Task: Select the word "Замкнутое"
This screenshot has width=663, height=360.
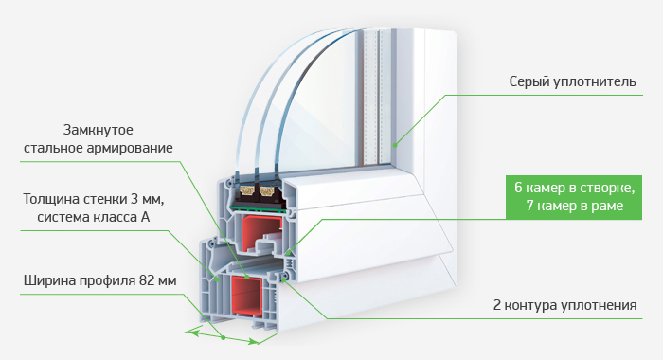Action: pos(99,130)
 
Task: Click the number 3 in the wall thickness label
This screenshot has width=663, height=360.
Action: pos(136,199)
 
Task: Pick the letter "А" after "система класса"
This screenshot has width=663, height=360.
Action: pos(145,217)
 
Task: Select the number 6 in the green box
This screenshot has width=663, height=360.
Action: pos(518,187)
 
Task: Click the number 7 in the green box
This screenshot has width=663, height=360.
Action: pos(530,206)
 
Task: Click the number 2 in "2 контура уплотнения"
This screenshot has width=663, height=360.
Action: pos(497,305)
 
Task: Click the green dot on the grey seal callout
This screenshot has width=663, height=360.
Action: pos(395,146)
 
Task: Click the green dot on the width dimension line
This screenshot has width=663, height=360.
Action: pos(224,337)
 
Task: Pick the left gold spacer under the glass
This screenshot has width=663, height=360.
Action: pos(247,191)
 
